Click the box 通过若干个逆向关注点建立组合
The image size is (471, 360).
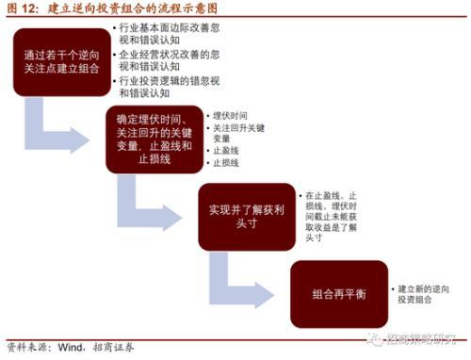60,63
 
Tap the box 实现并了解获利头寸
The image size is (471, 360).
241,215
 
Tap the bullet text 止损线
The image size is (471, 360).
227,165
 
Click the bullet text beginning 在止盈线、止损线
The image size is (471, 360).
330,215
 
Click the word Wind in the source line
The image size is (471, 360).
75,348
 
